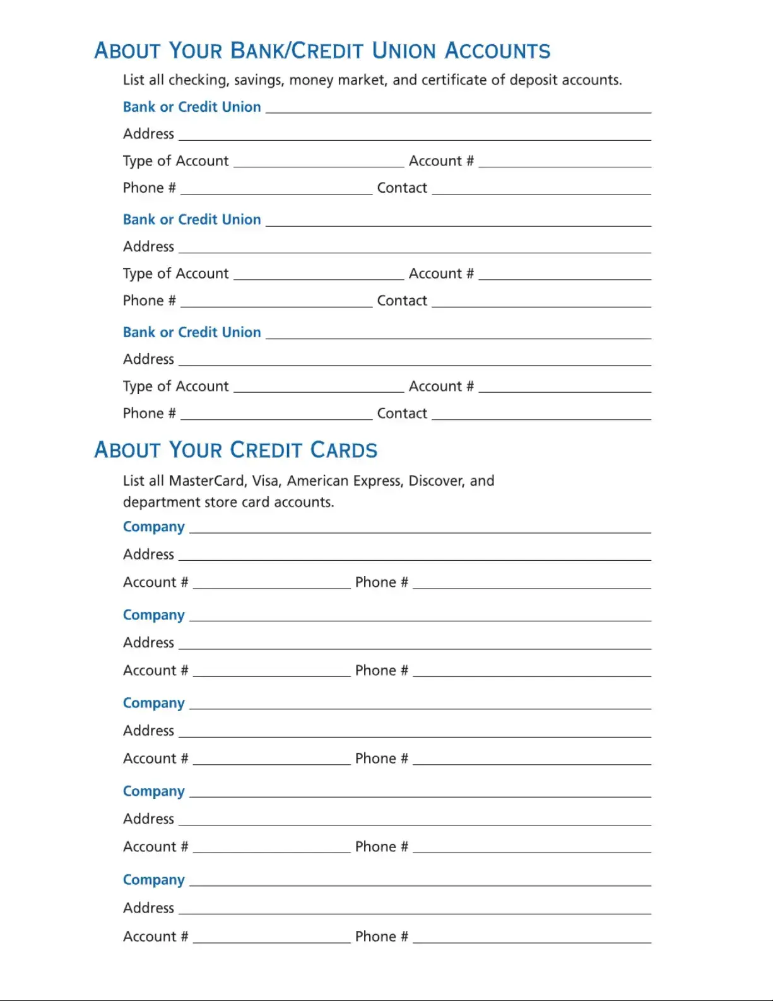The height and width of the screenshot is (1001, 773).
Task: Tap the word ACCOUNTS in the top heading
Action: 497,51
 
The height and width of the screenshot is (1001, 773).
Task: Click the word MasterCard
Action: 208,481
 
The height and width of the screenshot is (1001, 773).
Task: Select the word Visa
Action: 266,481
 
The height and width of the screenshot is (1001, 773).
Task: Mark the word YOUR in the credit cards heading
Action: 196,450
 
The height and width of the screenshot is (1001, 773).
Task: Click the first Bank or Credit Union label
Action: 192,107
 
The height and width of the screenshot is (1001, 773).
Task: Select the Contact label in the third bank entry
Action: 402,414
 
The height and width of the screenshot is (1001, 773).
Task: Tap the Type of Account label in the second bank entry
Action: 175,274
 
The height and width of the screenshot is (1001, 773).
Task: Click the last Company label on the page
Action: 153,880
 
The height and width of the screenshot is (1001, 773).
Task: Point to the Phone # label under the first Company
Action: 381,582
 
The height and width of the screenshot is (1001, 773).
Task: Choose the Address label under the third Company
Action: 148,731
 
